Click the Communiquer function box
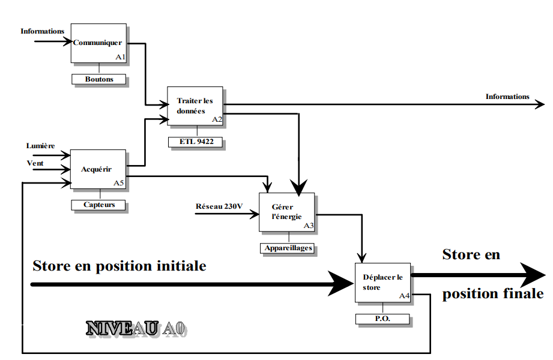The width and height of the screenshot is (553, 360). pyautogui.click(x=98, y=43)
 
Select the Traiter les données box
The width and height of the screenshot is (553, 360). pyautogui.click(x=195, y=106)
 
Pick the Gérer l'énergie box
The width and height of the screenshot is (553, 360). pyautogui.click(x=286, y=212)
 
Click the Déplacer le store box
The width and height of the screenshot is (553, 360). pyautogui.click(x=383, y=282)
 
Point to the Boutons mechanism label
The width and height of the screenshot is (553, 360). pyautogui.click(x=99, y=79)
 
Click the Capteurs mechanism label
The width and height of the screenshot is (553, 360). pyautogui.click(x=100, y=205)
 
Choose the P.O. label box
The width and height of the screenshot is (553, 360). pyautogui.click(x=383, y=319)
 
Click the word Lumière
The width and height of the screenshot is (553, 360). pyautogui.click(x=41, y=146)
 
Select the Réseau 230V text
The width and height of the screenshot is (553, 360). pyautogui.click(x=219, y=207)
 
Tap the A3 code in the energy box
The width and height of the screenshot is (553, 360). pyautogui.click(x=309, y=226)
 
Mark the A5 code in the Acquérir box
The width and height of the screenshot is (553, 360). pyautogui.click(x=119, y=182)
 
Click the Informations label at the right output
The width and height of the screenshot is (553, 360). pyautogui.click(x=507, y=97)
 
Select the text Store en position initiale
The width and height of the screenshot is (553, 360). pyautogui.click(x=119, y=265)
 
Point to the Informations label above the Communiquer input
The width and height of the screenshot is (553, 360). pyautogui.click(x=43, y=31)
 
